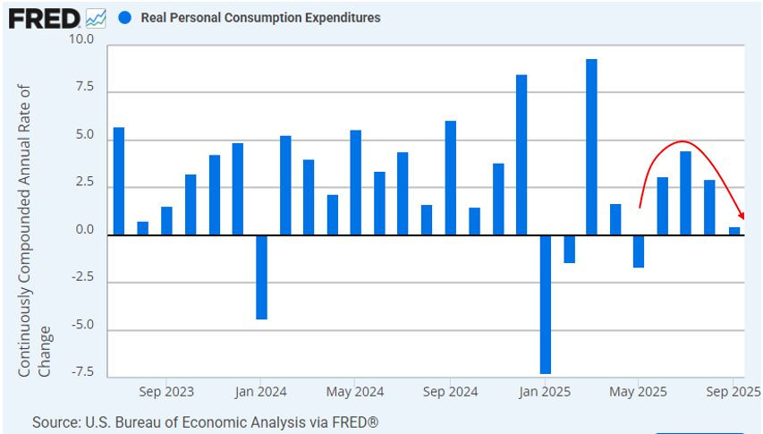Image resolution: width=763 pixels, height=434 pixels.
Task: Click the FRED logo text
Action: point(45,17)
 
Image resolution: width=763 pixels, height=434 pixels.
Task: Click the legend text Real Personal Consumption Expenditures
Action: point(260,18)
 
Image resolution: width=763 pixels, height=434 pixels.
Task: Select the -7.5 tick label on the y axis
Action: point(81,371)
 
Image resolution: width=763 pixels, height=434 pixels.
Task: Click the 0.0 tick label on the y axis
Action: point(85,230)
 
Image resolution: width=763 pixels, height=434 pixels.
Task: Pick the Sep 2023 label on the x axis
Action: point(166,392)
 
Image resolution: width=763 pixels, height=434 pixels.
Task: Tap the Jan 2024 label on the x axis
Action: point(262,392)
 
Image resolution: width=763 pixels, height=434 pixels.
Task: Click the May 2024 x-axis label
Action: point(355,392)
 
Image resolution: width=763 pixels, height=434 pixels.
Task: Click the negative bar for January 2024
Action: point(261,277)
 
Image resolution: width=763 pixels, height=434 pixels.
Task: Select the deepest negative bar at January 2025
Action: point(545,304)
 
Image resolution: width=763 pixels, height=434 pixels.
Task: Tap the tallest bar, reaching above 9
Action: point(591,147)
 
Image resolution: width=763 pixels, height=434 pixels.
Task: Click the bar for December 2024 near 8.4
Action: point(521,154)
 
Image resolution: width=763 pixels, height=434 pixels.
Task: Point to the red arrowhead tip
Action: point(742,217)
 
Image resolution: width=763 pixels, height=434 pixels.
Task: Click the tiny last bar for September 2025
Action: point(733,231)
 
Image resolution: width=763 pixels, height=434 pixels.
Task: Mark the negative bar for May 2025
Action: point(639,251)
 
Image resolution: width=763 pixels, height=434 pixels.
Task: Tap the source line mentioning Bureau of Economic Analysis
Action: point(205,421)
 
